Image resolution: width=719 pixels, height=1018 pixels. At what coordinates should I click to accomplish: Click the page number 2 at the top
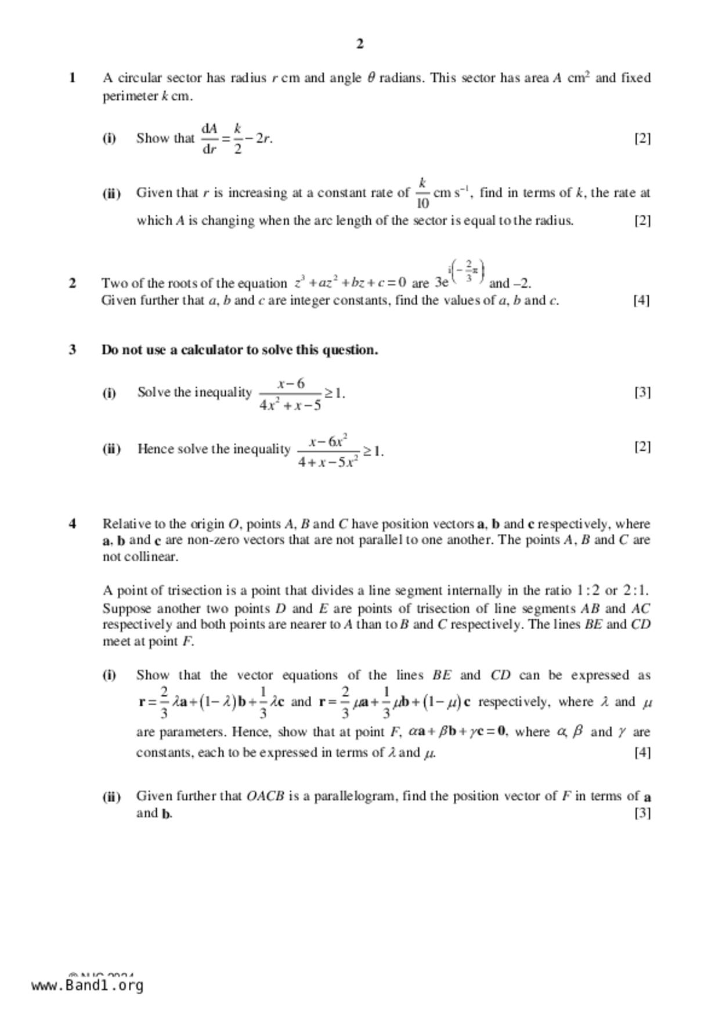point(360,44)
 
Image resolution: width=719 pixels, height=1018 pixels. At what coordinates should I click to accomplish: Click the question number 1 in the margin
point(73,78)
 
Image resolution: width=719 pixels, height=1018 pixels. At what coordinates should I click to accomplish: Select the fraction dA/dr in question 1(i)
point(209,138)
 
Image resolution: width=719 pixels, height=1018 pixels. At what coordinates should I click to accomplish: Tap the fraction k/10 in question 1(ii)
point(422,193)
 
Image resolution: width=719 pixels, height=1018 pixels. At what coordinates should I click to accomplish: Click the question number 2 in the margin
point(73,283)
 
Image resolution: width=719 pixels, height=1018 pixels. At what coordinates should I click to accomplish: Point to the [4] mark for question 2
point(641,300)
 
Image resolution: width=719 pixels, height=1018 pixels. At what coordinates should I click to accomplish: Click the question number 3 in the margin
point(73,350)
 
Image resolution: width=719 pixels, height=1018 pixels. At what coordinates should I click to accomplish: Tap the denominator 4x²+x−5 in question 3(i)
point(290,405)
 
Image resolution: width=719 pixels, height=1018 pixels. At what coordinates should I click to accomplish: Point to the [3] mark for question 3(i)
point(642,392)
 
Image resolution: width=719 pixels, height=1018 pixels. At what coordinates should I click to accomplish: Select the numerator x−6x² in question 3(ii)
point(328,441)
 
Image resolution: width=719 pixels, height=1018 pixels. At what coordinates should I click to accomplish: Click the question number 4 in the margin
point(73,524)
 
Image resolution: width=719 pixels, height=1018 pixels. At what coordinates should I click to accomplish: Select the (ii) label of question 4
point(111,796)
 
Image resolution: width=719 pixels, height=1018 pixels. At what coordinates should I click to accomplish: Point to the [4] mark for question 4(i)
point(642,752)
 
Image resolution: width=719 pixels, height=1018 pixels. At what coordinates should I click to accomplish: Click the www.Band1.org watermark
point(87,985)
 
